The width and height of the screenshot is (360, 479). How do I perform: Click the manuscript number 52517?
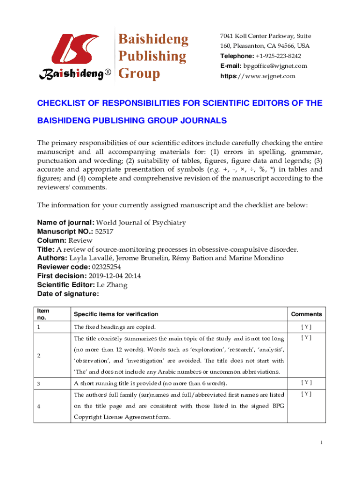click(104, 231)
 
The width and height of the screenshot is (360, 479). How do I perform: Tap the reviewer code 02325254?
click(108, 268)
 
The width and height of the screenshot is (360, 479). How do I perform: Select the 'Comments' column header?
click(306, 314)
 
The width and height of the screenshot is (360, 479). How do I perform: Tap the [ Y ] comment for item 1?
click(306, 327)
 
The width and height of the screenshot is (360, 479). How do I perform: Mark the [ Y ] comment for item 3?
click(306, 383)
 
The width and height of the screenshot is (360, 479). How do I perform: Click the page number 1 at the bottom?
click(321, 443)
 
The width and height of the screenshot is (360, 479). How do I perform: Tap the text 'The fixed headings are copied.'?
click(115, 327)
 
